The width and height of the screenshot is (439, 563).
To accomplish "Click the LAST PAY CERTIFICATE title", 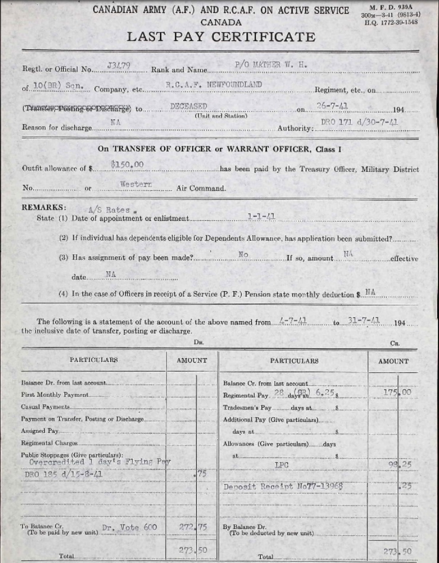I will click(221, 37).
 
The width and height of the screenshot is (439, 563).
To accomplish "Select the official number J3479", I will click(117, 65).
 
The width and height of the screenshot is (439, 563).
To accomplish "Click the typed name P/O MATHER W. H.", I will click(271, 64).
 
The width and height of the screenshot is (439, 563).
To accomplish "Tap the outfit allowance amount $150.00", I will click(127, 165).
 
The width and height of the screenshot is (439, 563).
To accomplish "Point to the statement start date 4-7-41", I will click(293, 321).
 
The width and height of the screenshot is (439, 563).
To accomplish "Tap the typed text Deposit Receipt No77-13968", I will click(283, 487).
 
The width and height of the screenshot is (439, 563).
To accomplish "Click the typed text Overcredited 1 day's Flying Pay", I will click(91, 462).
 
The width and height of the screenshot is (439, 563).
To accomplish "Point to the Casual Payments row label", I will click(45, 407).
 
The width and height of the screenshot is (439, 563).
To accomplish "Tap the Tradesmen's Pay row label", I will click(247, 408).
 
